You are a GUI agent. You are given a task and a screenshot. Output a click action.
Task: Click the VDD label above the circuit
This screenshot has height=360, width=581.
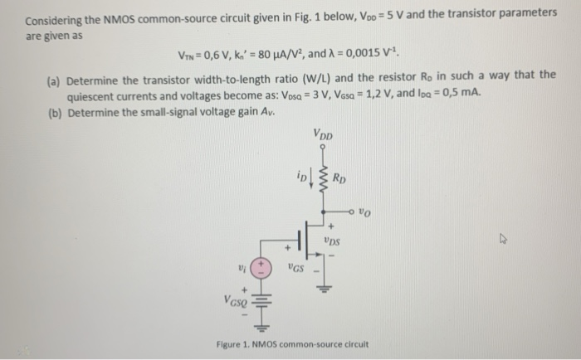[x=325, y=133]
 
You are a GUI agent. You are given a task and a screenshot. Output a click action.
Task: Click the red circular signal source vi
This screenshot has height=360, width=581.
[x=261, y=267]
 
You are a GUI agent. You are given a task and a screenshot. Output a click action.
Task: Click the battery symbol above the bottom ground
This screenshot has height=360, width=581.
[x=261, y=308]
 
